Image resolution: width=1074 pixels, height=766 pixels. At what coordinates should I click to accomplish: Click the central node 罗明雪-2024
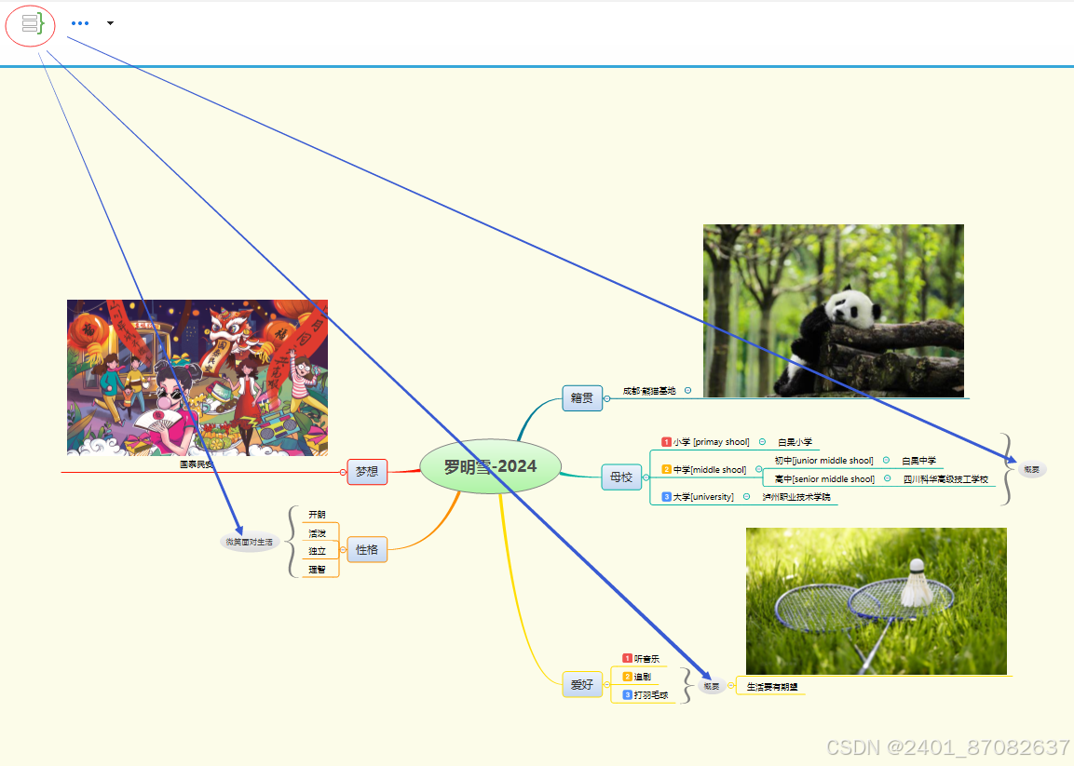pos(490,466)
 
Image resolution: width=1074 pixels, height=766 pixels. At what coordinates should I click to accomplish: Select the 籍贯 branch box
pos(582,397)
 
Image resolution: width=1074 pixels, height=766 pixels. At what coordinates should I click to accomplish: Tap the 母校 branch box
pos(620,477)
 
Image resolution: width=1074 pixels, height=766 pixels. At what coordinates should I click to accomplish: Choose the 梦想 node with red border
pos(367,472)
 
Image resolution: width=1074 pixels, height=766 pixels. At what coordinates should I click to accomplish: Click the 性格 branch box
pos(367,549)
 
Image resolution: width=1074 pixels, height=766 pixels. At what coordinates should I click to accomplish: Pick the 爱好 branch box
pos(582,685)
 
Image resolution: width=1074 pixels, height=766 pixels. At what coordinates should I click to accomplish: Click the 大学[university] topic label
pos(703,497)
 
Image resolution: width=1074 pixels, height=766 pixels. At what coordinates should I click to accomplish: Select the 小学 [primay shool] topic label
pos(711,442)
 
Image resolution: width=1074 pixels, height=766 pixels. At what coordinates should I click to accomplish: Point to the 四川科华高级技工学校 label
pos(945,479)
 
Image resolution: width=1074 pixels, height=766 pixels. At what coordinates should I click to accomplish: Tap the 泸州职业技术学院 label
pos(796,497)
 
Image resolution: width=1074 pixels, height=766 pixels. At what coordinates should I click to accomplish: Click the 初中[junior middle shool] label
pos(824,461)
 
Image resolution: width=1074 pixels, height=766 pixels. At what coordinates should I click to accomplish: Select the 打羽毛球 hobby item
pos(651,695)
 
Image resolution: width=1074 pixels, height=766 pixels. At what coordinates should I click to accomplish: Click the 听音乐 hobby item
pos(646,659)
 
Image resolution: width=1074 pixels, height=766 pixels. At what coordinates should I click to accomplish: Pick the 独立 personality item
pos(318,551)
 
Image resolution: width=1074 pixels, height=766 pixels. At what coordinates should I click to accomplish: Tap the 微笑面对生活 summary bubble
pos(250,542)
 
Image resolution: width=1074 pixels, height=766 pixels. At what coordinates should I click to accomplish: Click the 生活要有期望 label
pos(772,687)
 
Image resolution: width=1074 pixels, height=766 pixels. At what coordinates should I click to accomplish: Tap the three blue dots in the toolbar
pos(80,23)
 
